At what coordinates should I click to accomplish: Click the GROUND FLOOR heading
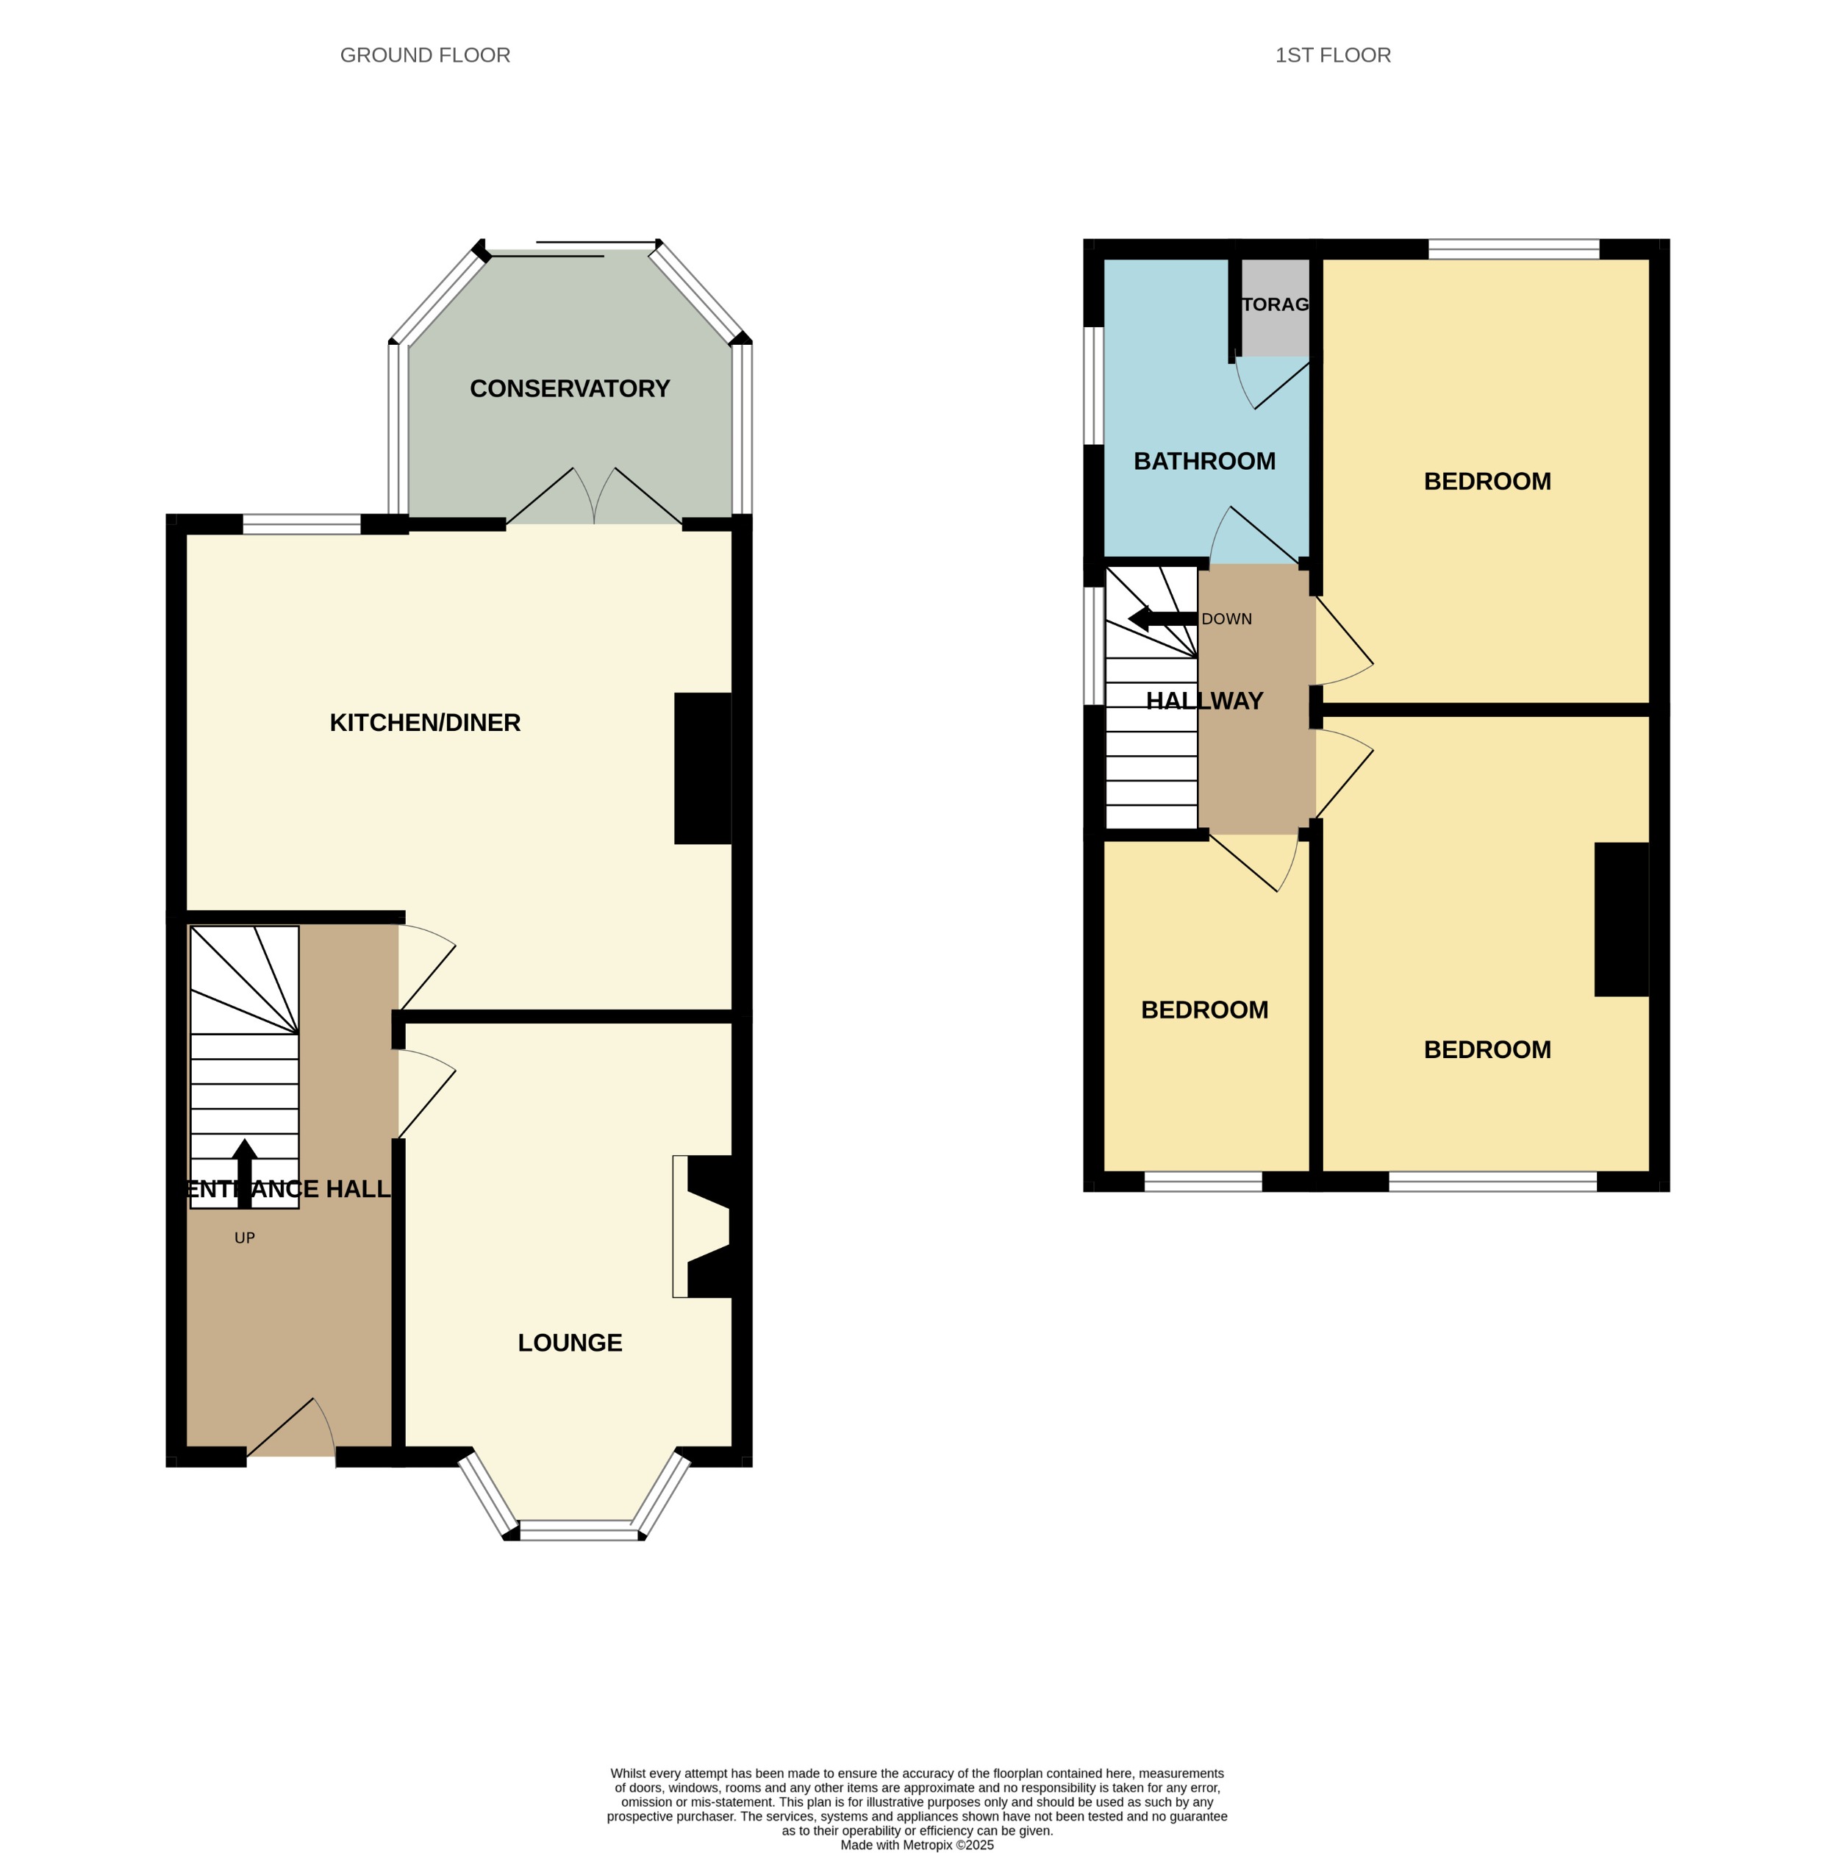tap(425, 56)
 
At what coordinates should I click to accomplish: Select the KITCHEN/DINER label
tap(425, 722)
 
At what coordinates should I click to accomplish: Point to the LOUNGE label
tap(570, 1343)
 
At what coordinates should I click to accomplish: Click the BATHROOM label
tap(1203, 461)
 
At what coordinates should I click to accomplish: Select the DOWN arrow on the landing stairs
tap(1162, 618)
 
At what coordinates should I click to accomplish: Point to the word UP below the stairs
tap(245, 1238)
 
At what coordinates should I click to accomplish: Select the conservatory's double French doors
tap(595, 499)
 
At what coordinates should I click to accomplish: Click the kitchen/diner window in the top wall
tap(301, 524)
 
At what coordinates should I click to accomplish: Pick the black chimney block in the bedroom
tap(1620, 919)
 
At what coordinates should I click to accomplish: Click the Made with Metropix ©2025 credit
tap(917, 1844)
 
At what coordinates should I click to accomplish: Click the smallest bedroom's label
tap(1203, 1010)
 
